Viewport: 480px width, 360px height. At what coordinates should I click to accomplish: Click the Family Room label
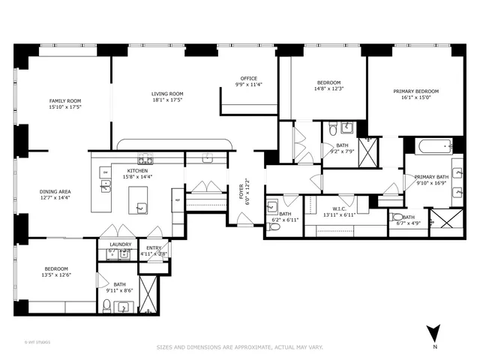pyautogui.click(x=65, y=100)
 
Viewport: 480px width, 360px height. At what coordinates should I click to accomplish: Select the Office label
pyautogui.click(x=248, y=78)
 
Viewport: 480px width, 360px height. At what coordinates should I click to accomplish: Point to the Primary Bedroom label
pyautogui.click(x=416, y=91)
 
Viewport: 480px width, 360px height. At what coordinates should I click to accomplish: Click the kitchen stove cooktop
pyautogui.click(x=145, y=159)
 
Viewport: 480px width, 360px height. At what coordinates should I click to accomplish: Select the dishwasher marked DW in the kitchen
pyautogui.click(x=106, y=172)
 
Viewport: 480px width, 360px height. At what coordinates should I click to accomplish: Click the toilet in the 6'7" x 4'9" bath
pyautogui.click(x=397, y=217)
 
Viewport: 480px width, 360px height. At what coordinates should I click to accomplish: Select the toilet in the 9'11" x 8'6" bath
pyautogui.click(x=107, y=305)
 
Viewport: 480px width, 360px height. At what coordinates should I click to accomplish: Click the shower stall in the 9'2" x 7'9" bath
pyautogui.click(x=368, y=152)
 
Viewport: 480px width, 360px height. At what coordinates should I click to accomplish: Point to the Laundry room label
pyautogui.click(x=120, y=244)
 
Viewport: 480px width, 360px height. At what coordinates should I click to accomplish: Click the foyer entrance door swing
pyautogui.click(x=244, y=219)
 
